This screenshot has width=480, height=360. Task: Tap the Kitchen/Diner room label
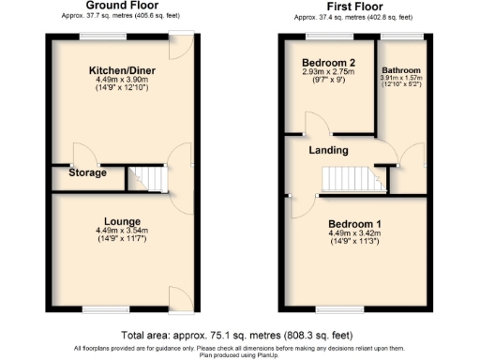click(x=116, y=71)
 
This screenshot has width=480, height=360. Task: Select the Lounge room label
click(x=116, y=221)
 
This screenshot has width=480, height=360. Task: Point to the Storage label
click(x=86, y=172)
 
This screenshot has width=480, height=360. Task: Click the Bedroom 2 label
click(x=320, y=63)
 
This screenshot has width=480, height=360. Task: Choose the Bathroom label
click(x=401, y=70)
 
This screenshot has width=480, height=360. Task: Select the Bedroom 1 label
click(x=354, y=223)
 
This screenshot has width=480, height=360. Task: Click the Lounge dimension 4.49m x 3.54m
click(x=116, y=232)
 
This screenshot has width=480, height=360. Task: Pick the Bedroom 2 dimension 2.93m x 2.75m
click(x=320, y=72)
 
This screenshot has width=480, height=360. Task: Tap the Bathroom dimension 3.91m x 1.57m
click(x=401, y=80)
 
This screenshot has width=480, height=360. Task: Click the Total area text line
click(x=239, y=335)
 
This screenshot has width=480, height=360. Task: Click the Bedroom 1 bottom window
click(x=334, y=307)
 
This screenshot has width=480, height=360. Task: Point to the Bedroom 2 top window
click(x=319, y=36)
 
